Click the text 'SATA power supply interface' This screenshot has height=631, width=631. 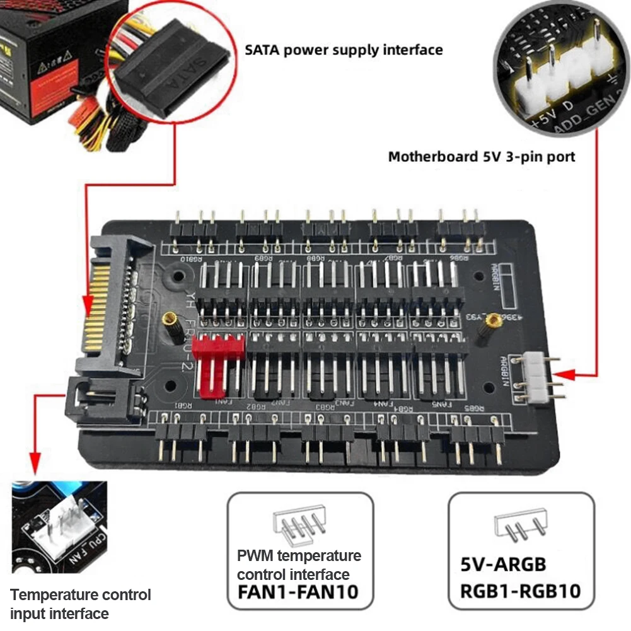(x=344, y=49)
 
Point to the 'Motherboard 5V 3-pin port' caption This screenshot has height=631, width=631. (x=482, y=156)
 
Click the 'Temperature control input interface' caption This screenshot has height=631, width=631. (x=81, y=603)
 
